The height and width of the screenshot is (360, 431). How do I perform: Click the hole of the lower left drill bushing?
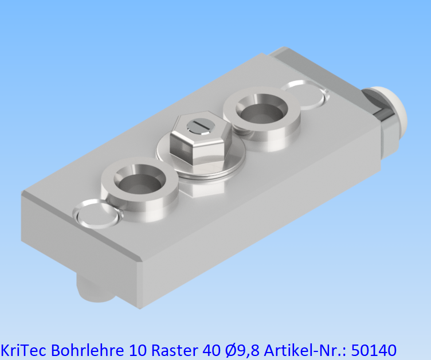(x=138, y=182)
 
